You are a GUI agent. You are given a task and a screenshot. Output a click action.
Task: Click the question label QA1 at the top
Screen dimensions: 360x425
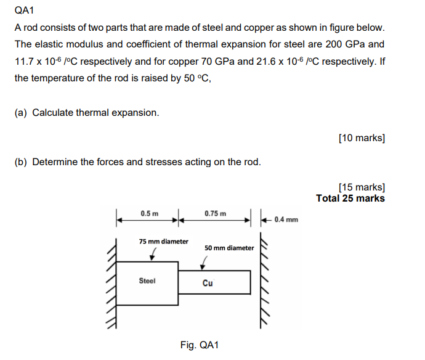(x=23, y=10)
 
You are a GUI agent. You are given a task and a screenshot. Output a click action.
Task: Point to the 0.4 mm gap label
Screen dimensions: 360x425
(x=286, y=219)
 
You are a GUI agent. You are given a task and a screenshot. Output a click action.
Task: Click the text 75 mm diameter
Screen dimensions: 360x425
(x=163, y=241)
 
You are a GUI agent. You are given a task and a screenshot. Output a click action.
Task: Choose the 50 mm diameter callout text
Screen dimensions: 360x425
(x=229, y=248)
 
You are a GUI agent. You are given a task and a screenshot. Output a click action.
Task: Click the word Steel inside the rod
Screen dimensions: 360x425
(x=147, y=280)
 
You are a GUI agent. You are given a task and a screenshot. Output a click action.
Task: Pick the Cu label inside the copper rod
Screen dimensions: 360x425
(x=208, y=284)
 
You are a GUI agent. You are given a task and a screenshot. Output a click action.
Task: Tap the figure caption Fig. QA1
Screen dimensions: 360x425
(x=200, y=345)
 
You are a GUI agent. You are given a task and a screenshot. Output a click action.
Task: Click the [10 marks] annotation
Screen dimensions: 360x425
(x=362, y=138)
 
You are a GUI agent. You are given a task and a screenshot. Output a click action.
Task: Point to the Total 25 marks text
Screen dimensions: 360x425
(x=350, y=198)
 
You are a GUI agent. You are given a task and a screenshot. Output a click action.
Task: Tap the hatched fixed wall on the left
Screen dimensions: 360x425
(x=111, y=284)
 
